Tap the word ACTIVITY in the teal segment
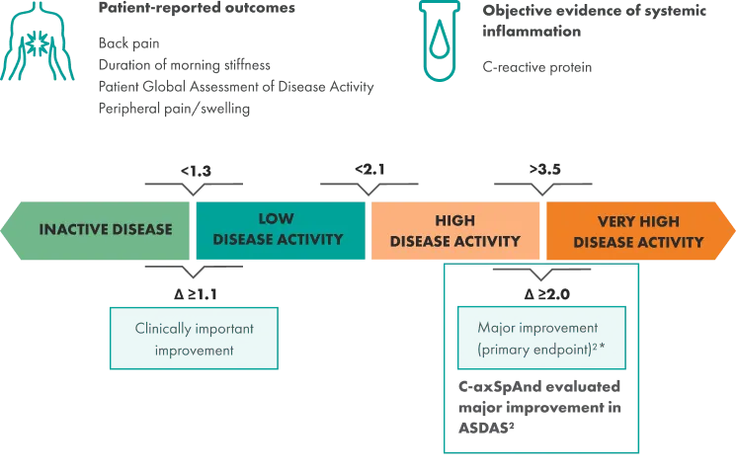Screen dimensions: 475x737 click(308, 239)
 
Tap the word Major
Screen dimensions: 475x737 click(497, 328)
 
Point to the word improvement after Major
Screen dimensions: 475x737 click(563, 328)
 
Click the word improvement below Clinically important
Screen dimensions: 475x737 click(194, 350)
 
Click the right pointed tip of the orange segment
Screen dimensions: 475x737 click(732, 230)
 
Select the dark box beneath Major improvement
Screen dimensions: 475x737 click(539, 406)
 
